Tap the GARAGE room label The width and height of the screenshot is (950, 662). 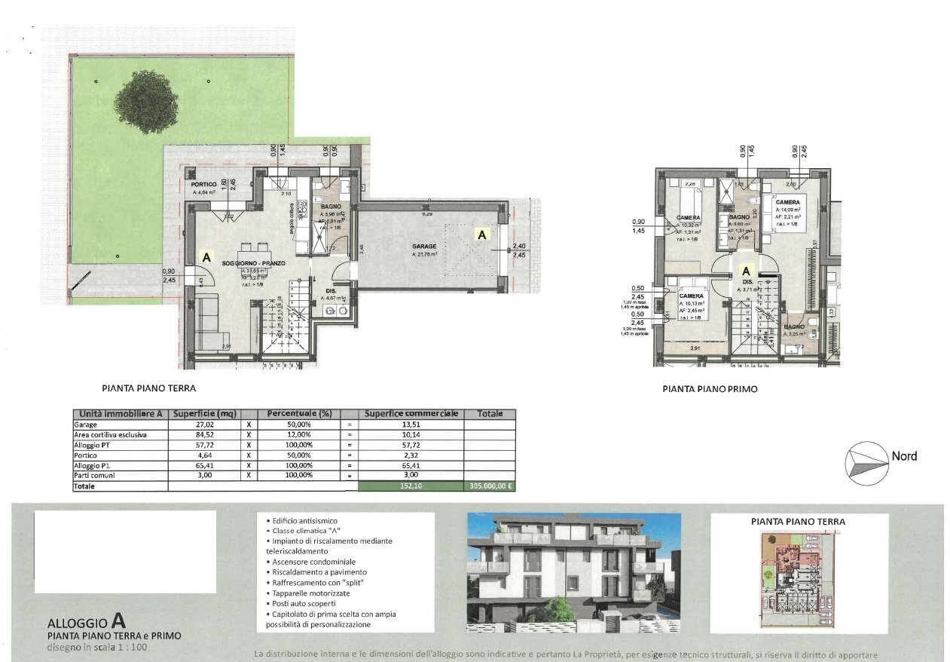click(424, 246)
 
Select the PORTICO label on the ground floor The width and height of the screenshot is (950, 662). click(204, 185)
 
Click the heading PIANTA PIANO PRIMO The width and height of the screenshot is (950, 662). click(710, 390)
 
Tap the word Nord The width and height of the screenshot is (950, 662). click(904, 456)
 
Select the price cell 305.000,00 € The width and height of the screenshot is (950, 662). click(490, 487)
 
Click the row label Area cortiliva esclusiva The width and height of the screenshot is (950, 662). click(109, 435)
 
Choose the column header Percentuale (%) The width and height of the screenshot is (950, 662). click(298, 414)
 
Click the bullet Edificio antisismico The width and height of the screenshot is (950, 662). click(304, 521)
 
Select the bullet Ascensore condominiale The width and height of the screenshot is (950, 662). click(310, 562)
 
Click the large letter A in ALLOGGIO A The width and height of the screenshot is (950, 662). click(118, 621)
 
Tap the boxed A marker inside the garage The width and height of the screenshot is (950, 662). click(481, 234)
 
